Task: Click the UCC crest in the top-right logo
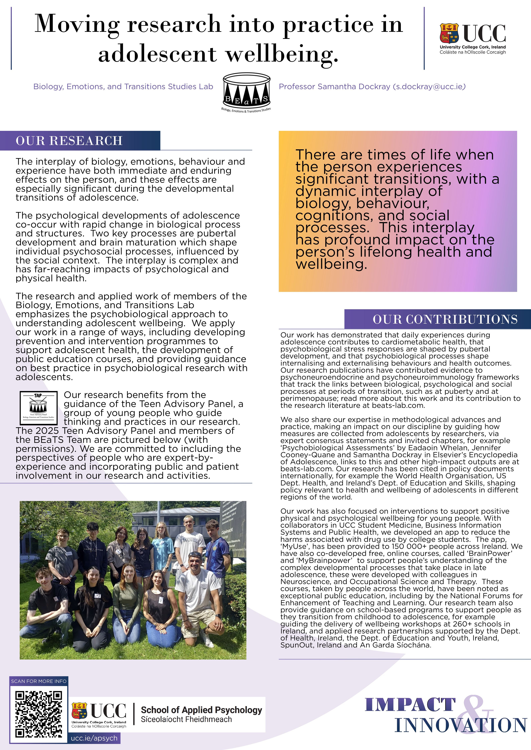(x=449, y=33)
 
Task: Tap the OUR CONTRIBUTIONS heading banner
(x=445, y=319)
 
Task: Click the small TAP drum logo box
(x=39, y=408)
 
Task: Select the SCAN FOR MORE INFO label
(x=39, y=681)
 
